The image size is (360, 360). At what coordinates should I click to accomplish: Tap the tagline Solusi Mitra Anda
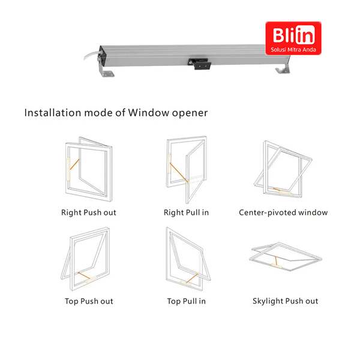(x=293, y=49)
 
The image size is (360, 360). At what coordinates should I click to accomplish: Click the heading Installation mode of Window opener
(x=116, y=112)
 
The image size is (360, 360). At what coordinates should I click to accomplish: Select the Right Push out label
(x=89, y=212)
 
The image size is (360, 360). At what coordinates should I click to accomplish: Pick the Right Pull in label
(x=186, y=212)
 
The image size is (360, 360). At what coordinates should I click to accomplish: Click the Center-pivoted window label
(x=283, y=212)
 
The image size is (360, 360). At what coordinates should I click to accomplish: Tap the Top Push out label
(x=89, y=301)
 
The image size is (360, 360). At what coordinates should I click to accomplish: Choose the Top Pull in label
(x=186, y=301)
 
